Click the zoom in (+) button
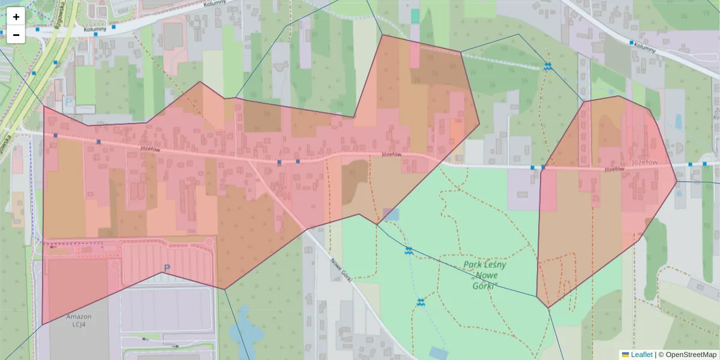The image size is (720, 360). click(x=16, y=17)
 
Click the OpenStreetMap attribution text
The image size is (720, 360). click(x=691, y=355)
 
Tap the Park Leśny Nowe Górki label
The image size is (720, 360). click(x=485, y=275)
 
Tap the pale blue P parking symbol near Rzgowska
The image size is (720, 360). click(x=68, y=103)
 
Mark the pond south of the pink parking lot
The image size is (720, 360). click(x=244, y=324)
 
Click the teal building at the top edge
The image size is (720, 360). click(x=415, y=16)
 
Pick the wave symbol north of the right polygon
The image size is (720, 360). click(x=547, y=67)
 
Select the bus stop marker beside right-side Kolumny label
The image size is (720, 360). click(x=631, y=43)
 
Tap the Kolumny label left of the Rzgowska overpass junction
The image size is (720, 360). click(x=95, y=28)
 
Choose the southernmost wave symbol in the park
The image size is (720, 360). click(x=421, y=302)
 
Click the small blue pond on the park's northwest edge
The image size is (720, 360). click(x=390, y=214)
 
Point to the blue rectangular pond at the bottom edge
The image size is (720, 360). click(x=438, y=352)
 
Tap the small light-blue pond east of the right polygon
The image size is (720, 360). click(x=678, y=122)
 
